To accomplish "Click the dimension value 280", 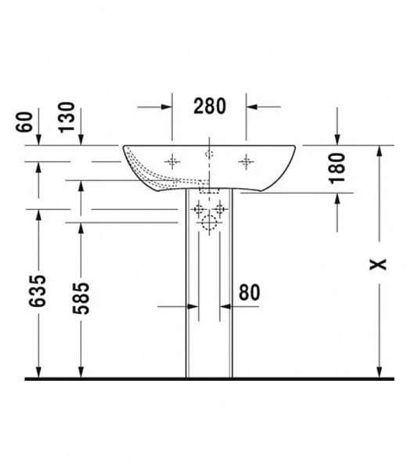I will pos(209,105).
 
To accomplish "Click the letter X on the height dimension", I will pos(380,264).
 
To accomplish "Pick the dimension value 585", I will pos(81,295).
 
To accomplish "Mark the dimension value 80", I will pos(248,292).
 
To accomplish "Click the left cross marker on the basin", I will pos(172,161).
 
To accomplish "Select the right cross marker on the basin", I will pos(247,161).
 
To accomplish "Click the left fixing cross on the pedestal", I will pos(198,209).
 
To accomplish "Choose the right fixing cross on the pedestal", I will pos(220,209).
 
